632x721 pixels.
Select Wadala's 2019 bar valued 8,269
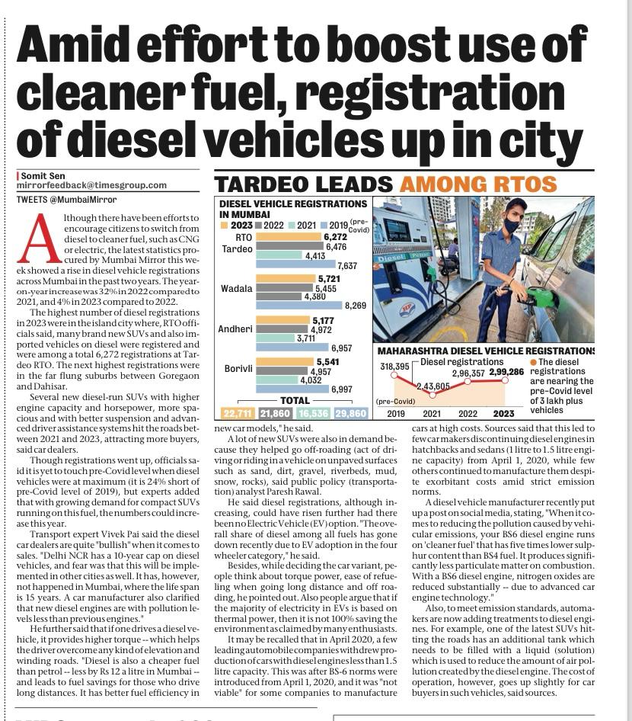click(x=300, y=306)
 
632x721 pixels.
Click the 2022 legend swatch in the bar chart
click(x=259, y=226)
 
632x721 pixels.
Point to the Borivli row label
click(x=238, y=369)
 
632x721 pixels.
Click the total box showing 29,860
click(x=350, y=413)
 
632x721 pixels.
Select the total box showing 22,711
click(x=237, y=413)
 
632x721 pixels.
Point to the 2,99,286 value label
click(x=506, y=372)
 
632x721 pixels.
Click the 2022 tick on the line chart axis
click(x=468, y=414)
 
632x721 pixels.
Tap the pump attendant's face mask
click(x=512, y=225)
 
